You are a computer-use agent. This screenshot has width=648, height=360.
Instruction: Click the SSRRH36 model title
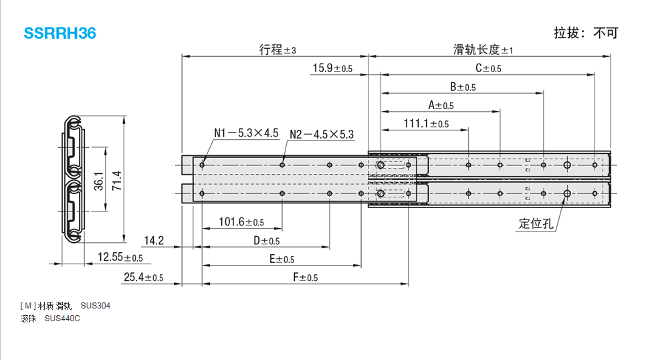60,33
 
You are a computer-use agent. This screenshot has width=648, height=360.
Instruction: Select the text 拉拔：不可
586,33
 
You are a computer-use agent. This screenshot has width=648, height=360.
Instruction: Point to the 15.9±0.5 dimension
332,68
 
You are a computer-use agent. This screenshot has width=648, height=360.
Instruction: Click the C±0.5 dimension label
488,68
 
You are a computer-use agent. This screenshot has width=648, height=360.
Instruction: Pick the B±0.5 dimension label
462,87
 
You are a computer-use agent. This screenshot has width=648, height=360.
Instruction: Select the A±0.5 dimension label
440,105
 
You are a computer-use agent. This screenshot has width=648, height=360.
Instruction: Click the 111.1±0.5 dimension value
426,124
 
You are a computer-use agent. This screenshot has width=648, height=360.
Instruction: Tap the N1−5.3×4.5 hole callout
246,133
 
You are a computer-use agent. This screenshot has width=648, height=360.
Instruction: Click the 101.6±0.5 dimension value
241,222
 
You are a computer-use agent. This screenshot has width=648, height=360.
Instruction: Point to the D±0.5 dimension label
265,241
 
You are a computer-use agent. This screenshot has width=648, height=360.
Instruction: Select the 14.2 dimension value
154,240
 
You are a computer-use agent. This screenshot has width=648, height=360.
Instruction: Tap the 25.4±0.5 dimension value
143,277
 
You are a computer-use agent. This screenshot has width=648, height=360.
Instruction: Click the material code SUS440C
62,319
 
